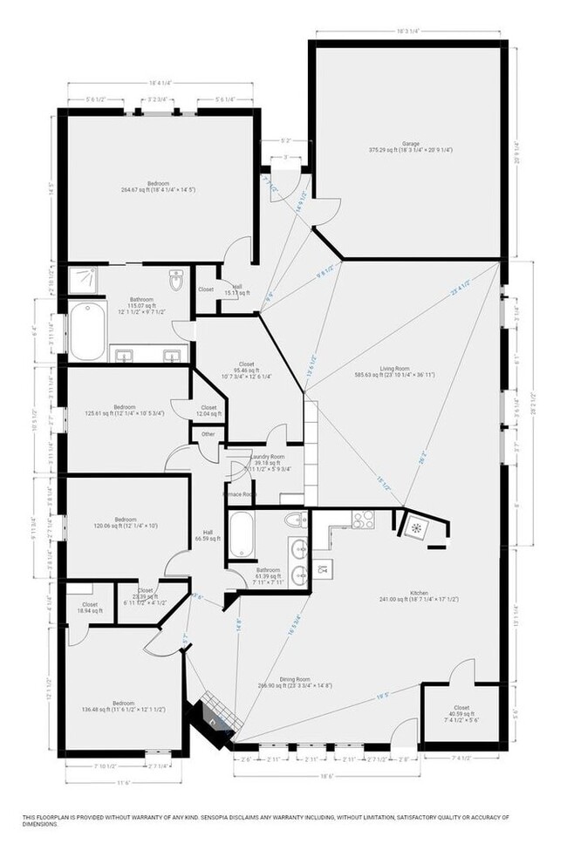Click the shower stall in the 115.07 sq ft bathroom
click(x=83, y=280)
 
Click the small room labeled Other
click(x=208, y=434)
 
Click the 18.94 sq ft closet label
click(x=90, y=608)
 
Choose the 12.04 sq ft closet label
click(x=208, y=411)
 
